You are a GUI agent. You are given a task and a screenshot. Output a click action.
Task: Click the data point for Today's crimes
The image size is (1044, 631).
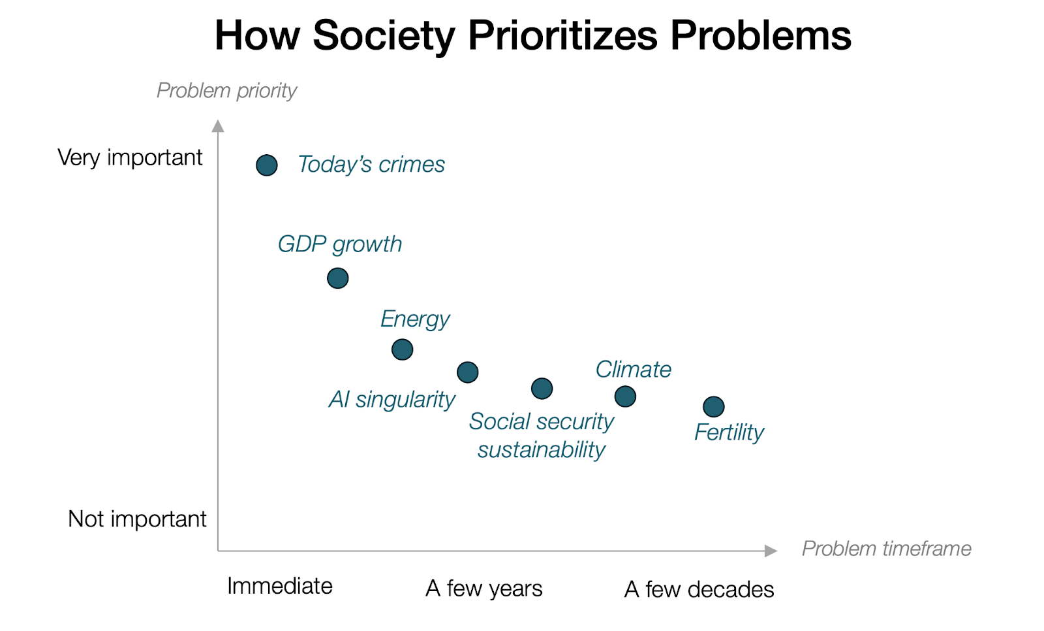pyautogui.click(x=266, y=165)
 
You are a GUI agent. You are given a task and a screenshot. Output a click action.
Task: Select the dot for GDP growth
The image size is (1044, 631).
pyautogui.click(x=337, y=278)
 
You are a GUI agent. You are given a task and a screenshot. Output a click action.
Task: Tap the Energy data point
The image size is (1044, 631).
pyautogui.click(x=402, y=349)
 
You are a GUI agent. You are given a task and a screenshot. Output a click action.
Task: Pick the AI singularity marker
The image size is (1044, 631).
pyautogui.click(x=467, y=372)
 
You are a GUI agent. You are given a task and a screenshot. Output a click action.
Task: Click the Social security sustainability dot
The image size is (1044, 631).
pyautogui.click(x=542, y=389)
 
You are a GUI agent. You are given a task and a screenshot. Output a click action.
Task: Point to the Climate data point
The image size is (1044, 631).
pyautogui.click(x=625, y=396)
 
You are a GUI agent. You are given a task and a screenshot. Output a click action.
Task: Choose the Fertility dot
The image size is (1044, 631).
pyautogui.click(x=713, y=407)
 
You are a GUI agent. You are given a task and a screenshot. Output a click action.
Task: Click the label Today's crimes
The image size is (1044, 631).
pyautogui.click(x=371, y=165)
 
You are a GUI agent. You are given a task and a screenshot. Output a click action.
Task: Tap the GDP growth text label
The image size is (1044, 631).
pyautogui.click(x=339, y=244)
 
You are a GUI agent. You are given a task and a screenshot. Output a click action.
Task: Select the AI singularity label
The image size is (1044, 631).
pyautogui.click(x=391, y=400)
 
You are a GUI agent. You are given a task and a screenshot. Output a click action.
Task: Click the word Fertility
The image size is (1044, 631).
pyautogui.click(x=728, y=432)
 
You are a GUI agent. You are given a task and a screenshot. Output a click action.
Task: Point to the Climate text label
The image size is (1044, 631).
pyautogui.click(x=633, y=370)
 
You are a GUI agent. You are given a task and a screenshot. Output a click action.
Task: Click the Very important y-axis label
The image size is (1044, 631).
pyautogui.click(x=130, y=158)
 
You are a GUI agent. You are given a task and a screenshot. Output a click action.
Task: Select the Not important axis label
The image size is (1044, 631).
pyautogui.click(x=137, y=519)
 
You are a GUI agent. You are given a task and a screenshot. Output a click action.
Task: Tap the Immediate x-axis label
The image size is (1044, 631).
pyautogui.click(x=279, y=587)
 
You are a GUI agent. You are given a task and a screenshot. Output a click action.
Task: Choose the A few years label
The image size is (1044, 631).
pyautogui.click(x=484, y=589)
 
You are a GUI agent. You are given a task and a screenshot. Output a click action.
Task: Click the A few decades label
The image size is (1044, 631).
pyautogui.click(x=699, y=589)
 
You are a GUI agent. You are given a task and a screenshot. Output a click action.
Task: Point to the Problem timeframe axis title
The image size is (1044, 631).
pyautogui.click(x=886, y=549)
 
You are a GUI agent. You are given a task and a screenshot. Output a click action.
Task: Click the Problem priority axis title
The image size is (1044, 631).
pyautogui.click(x=226, y=90)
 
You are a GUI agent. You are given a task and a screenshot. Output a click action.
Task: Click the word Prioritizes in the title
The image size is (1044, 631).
pyautogui.click(x=562, y=35)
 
